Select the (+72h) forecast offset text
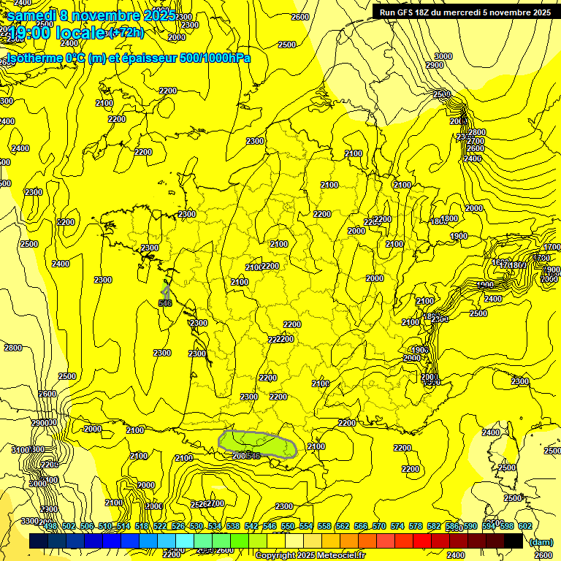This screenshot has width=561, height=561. pyautogui.click(x=126, y=33)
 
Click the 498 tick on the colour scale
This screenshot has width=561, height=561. pyautogui.click(x=50, y=527)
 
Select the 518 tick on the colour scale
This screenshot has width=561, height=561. pyautogui.click(x=142, y=527)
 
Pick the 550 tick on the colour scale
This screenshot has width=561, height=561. pyautogui.click(x=288, y=527)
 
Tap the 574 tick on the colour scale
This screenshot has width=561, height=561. pyautogui.click(x=397, y=527)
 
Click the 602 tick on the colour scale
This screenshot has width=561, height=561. pyautogui.click(x=525, y=527)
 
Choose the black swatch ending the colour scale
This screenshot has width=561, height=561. pyautogui.click(x=513, y=541)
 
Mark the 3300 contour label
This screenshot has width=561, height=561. pyautogui.click(x=30, y=521)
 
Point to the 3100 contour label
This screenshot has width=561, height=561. pyautogui.click(x=22, y=450)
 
